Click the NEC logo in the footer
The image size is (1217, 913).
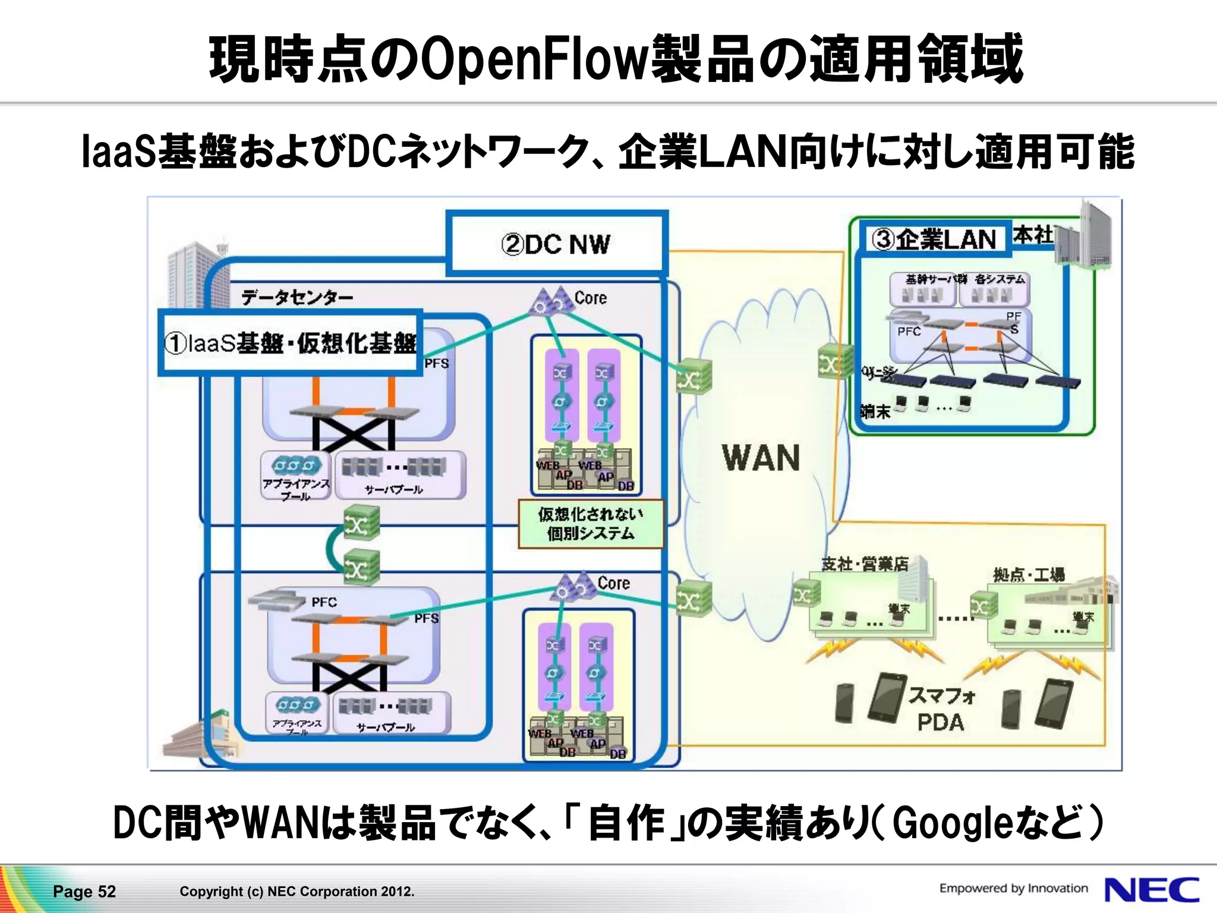[1151, 890]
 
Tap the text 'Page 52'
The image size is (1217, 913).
[84, 891]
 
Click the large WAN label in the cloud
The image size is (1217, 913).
[761, 458]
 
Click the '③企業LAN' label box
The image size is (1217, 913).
[935, 240]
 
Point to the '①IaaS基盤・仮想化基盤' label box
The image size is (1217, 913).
[291, 343]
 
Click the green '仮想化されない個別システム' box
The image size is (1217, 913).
[590, 524]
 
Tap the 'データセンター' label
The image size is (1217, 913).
[297, 297]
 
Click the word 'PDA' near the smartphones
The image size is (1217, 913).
[940, 722]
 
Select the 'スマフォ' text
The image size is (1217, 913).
[941, 695]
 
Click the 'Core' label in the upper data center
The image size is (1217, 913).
[591, 298]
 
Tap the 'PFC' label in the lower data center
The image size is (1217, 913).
[324, 602]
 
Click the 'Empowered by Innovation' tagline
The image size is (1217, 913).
[1013, 888]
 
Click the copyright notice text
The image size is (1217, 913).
[297, 891]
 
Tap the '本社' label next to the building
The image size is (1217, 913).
[1033, 235]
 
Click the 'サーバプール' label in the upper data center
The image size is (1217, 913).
[393, 489]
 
